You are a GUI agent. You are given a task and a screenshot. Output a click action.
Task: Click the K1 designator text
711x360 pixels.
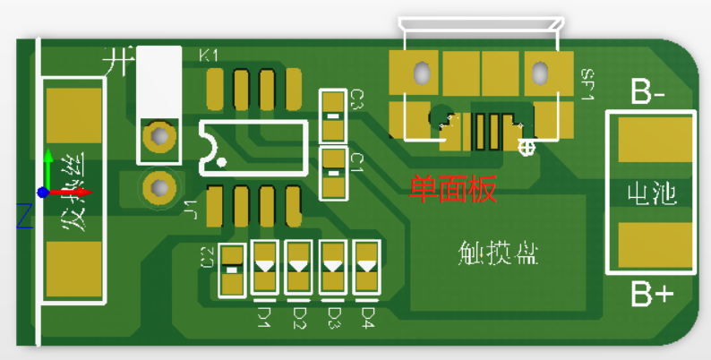tap(209, 56)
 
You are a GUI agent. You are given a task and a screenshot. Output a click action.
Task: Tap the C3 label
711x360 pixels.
tap(355, 99)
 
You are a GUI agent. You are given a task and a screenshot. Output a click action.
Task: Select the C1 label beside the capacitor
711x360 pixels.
tap(355, 162)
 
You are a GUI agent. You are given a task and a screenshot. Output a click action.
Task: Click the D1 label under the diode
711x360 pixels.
tap(264, 317)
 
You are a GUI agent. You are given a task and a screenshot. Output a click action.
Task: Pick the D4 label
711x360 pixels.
tap(366, 317)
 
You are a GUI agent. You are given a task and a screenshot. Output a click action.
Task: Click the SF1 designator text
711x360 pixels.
tap(587, 84)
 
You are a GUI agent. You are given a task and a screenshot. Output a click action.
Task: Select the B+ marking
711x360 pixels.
tap(652, 294)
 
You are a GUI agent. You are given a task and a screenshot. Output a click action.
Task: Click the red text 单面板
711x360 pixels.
tap(452, 190)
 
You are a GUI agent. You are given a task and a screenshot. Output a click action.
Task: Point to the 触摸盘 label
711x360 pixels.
tap(497, 254)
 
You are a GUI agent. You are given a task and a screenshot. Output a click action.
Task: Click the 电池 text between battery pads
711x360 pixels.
tap(651, 193)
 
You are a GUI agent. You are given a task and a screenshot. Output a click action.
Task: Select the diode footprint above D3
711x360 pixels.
tap(332, 267)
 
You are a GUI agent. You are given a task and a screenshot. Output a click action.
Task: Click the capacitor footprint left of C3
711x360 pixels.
tap(332, 116)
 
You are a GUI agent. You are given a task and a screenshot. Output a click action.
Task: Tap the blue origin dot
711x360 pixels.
tap(42, 193)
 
